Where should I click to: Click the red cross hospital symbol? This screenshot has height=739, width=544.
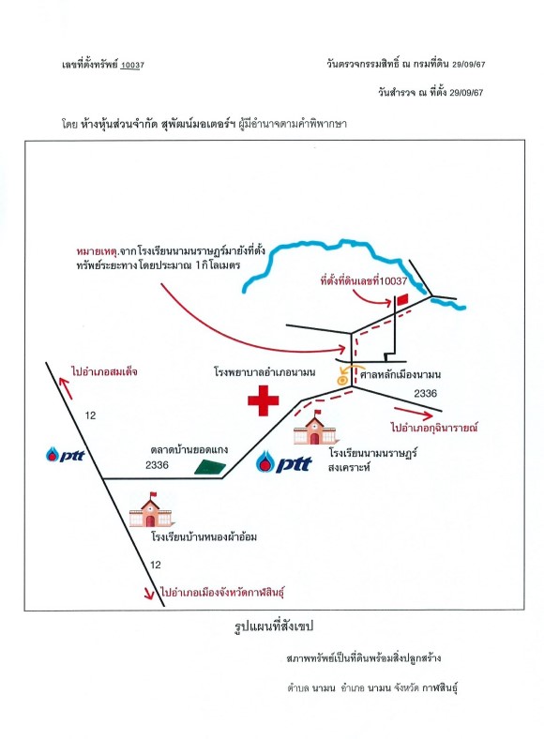[263, 400]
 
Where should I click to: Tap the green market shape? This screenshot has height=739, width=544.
[210, 467]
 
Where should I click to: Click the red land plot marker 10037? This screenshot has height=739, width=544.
[402, 300]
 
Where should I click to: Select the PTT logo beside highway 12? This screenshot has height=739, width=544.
[65, 454]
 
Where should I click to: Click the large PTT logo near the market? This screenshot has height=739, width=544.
[284, 462]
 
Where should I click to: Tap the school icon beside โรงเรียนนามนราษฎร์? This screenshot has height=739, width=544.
[314, 428]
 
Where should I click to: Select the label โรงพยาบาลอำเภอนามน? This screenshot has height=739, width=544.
[264, 372]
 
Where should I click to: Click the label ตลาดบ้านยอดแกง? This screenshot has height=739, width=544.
[189, 449]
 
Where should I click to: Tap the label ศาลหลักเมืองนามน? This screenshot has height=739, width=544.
[400, 375]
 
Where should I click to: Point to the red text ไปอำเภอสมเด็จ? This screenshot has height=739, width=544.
[105, 371]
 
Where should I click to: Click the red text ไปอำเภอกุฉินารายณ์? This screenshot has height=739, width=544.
[434, 428]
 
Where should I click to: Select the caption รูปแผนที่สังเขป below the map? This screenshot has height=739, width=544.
[274, 626]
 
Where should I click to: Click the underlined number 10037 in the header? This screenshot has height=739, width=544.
[132, 65]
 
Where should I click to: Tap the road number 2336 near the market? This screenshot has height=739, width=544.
[157, 465]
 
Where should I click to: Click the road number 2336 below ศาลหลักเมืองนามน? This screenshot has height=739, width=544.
[425, 393]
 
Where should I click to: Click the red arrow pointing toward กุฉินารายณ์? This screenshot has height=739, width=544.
[413, 413]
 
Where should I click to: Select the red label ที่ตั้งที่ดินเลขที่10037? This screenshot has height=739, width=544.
[364, 281]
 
